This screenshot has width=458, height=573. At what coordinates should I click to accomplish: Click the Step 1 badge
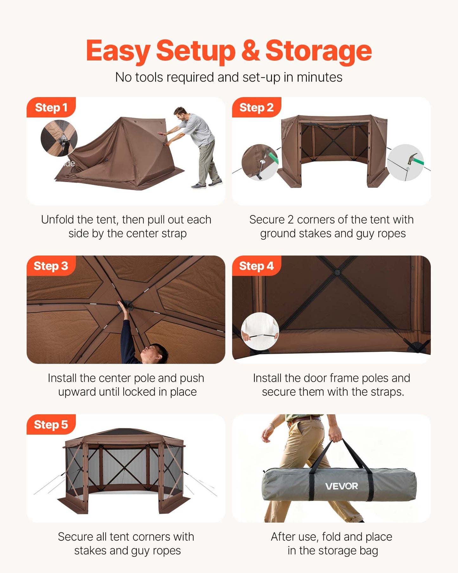[51, 108]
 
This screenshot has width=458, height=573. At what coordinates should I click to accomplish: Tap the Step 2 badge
[256, 108]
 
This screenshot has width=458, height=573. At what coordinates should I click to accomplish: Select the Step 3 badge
[51, 266]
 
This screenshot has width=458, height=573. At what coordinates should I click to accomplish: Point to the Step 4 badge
[256, 266]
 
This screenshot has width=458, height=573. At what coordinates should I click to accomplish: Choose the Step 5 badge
[51, 425]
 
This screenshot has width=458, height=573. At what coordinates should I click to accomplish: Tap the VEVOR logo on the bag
[341, 486]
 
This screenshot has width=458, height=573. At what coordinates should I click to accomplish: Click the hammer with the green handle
[413, 159]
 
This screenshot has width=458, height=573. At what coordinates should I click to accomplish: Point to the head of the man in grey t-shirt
[181, 113]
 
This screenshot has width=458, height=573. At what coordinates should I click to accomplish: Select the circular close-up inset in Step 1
[59, 138]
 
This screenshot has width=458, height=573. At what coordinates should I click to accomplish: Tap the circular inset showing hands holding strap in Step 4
[260, 331]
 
